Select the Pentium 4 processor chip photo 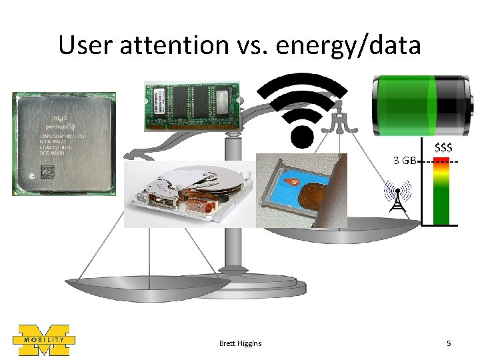[x=63, y=143]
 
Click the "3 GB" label [x=405, y=161]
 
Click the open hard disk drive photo [x=190, y=193]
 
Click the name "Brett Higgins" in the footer [x=240, y=343]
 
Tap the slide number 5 [x=449, y=343]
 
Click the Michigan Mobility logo [x=44, y=341]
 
